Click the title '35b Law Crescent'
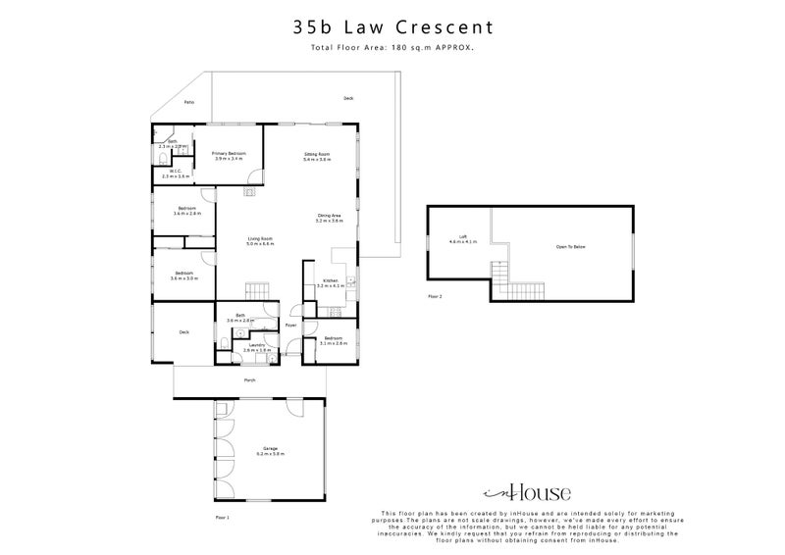(x=392, y=27)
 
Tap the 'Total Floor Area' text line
(x=392, y=47)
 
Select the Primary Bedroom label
(x=229, y=156)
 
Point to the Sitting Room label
(x=316, y=156)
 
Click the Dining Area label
(x=329, y=218)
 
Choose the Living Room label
(x=259, y=240)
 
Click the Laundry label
(x=258, y=346)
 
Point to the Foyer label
(x=290, y=326)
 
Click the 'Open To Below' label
(x=570, y=246)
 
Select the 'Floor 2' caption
(x=435, y=294)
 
